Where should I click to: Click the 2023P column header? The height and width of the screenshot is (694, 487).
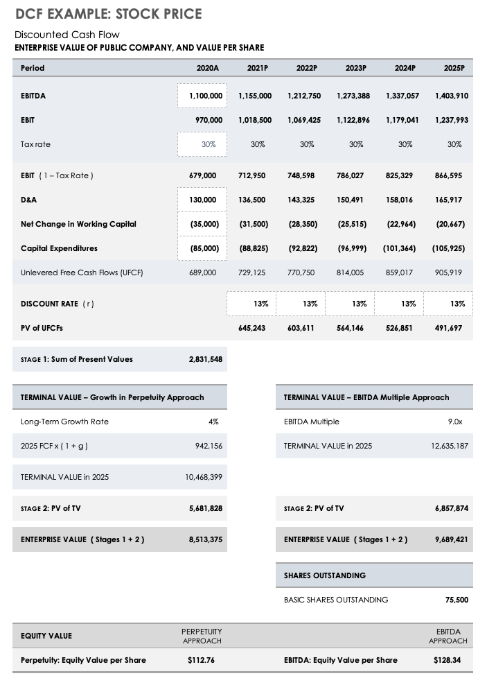(x=355, y=68)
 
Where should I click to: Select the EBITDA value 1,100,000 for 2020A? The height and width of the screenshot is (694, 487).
(x=206, y=96)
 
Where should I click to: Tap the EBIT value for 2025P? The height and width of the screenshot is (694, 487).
(x=452, y=120)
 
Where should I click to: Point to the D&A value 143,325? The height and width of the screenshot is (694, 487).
(x=301, y=200)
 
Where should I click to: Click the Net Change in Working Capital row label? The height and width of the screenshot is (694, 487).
(x=78, y=224)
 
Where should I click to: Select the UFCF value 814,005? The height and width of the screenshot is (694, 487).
(x=350, y=272)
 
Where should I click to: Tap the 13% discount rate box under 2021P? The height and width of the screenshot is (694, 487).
(x=251, y=304)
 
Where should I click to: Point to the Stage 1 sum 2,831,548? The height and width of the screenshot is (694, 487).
(x=206, y=359)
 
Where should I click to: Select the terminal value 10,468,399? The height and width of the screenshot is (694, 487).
(x=204, y=477)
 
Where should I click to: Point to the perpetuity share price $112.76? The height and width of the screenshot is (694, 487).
(x=201, y=660)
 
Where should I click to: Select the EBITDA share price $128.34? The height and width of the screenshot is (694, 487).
(x=447, y=660)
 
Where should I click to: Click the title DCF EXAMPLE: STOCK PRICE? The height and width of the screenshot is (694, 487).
(x=109, y=14)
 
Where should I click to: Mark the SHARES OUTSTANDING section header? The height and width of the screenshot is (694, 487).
(x=325, y=575)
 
